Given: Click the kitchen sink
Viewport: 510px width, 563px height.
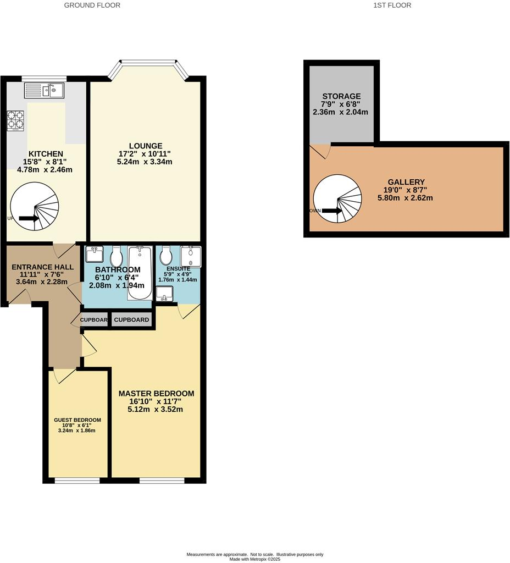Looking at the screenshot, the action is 44,91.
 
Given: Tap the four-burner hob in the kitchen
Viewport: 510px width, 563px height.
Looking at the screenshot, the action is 16,120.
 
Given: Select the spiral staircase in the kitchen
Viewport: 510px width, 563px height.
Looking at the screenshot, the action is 35,207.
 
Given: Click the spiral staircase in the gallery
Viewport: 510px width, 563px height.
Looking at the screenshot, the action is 337,199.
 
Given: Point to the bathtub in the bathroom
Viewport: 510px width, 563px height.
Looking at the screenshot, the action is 140,273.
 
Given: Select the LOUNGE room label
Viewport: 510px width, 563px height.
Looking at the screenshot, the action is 146,146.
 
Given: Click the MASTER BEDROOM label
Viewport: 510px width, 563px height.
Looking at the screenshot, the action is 157,394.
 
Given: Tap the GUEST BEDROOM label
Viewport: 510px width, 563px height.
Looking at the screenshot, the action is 77,420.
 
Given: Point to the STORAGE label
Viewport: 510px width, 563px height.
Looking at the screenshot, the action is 341,96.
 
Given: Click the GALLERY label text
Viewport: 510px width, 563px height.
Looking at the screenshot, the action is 406,182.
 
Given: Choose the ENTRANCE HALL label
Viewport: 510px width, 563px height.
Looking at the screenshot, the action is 43,267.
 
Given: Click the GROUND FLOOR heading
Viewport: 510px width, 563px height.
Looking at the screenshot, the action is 92,5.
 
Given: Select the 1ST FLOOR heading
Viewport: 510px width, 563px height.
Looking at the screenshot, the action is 392,5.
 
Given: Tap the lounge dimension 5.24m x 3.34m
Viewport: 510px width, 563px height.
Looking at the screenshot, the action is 145,162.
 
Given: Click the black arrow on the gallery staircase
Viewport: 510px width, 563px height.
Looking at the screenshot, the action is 331,211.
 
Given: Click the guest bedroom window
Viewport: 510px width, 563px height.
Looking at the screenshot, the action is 77,481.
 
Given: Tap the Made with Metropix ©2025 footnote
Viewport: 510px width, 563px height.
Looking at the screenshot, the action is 255,559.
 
